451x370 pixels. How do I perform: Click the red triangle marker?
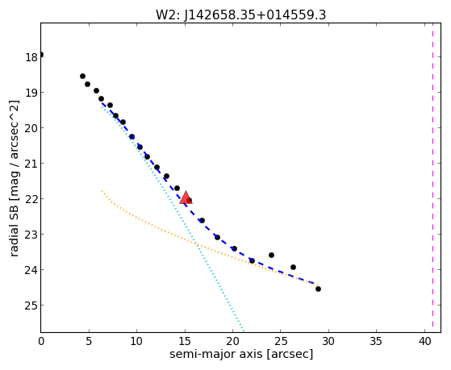186,197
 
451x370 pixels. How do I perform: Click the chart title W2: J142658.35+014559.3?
240,15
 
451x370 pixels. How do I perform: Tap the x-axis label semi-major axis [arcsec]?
241,354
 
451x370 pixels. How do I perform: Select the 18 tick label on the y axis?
31,57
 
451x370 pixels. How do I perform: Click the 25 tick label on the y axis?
31,306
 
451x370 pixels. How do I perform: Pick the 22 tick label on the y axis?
31,199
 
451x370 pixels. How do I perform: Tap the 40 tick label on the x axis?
424,342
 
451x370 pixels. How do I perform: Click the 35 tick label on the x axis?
376,342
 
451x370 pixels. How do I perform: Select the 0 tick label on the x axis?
41,342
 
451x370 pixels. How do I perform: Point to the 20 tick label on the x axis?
232,342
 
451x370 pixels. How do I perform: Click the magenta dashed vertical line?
432,177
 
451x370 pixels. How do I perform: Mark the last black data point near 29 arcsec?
318,289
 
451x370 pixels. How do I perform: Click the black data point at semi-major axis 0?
41,54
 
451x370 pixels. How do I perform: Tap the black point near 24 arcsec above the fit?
271,255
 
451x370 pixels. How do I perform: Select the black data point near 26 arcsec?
293,267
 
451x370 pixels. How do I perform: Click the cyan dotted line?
173,216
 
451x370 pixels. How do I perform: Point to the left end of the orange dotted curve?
102,190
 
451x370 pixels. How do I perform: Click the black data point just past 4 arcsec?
82,77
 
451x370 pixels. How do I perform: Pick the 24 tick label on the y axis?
31,270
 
